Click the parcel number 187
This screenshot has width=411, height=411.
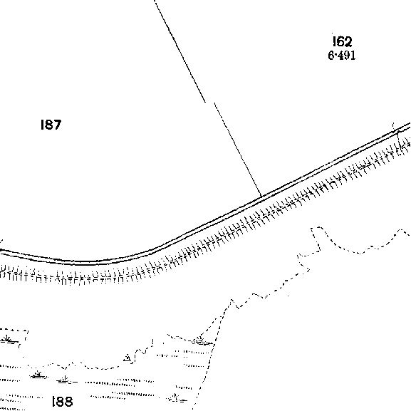51,125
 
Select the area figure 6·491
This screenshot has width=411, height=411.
342,56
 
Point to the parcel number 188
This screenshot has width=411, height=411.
63,402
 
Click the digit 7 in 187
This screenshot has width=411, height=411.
58,125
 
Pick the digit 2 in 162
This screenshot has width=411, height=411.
348,41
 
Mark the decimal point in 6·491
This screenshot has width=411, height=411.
335,56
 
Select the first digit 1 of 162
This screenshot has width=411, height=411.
334,41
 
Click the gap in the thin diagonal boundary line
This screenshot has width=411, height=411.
210,103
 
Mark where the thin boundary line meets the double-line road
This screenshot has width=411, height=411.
261,196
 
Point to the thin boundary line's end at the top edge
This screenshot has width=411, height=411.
155,1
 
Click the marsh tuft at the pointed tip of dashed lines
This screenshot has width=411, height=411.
202,340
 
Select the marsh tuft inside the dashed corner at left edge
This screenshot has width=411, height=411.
7,339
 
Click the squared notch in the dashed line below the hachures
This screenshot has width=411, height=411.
316,239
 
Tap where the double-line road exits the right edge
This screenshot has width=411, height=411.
410,125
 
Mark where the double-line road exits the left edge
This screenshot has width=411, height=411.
1,251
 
